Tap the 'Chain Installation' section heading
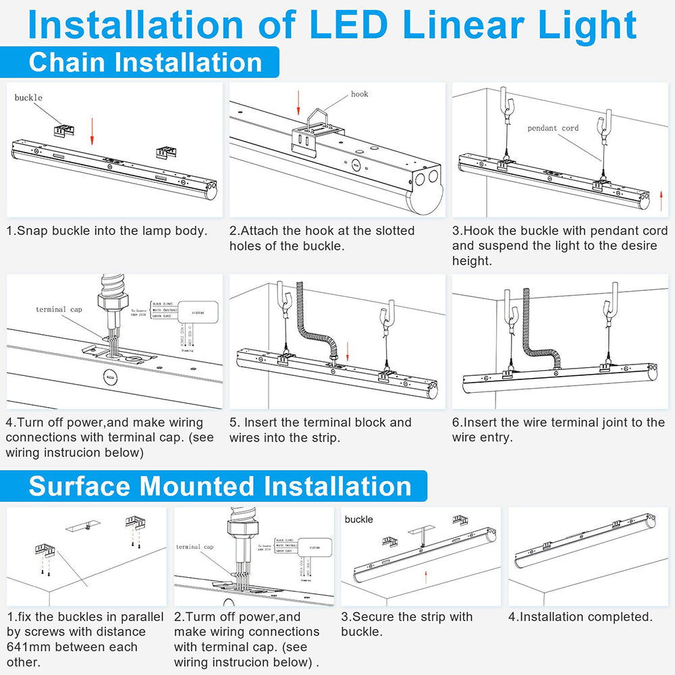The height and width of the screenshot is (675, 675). [145, 62]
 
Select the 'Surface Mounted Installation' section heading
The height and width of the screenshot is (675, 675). [220, 486]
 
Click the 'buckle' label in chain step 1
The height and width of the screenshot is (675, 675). [28, 98]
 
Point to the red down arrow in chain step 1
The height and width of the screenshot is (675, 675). [92, 131]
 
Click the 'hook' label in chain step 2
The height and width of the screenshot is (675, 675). [359, 94]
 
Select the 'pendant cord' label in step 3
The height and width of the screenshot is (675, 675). [553, 128]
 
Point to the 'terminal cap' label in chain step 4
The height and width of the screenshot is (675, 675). [59, 309]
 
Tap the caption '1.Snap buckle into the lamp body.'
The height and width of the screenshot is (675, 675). [107, 231]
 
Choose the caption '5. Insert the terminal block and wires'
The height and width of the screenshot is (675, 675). [321, 430]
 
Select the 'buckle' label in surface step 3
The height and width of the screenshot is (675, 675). [358, 519]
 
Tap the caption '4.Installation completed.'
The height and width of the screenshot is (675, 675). [580, 617]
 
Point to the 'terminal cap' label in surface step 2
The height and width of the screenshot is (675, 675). [194, 546]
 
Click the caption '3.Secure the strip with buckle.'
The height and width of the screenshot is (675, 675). [406, 624]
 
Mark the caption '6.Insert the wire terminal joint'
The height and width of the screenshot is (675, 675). [558, 430]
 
